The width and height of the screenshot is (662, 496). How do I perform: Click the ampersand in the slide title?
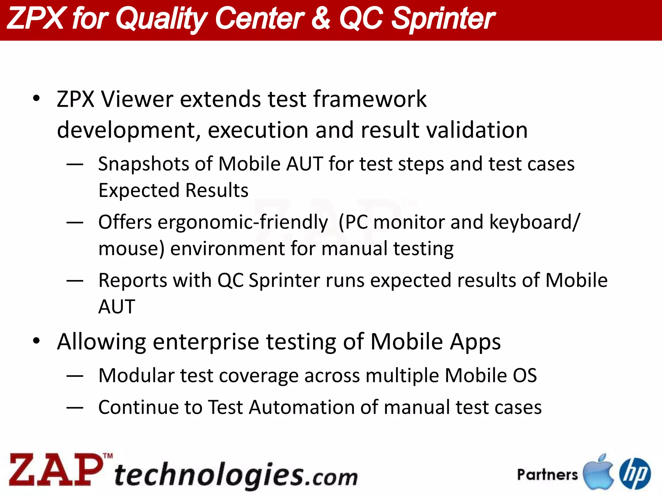tap(321, 19)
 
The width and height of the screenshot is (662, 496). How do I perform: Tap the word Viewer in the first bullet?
tap(137, 99)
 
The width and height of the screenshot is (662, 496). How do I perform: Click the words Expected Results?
tap(173, 190)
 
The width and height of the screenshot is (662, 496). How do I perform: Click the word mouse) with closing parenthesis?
tap(131, 249)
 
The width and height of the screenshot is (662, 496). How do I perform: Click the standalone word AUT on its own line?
tap(117, 306)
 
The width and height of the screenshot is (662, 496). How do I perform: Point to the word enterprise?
tap(206, 342)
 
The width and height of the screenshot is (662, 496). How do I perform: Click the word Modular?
tap(136, 376)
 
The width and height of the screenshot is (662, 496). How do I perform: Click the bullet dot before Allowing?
tap(37, 341)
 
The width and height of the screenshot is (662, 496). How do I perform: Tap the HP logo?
tap(635, 473)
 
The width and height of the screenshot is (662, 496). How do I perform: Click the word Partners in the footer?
tap(547, 475)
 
